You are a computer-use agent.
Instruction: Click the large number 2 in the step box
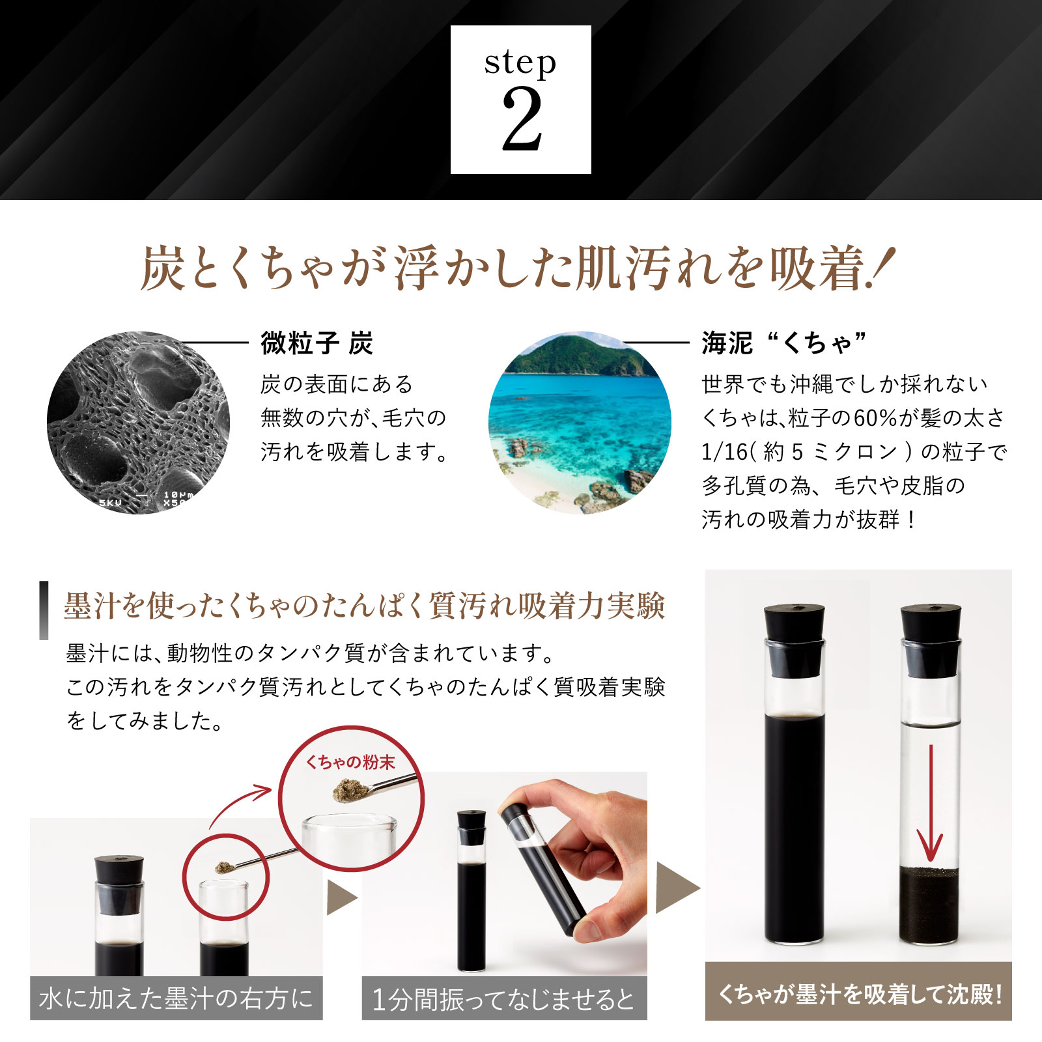coord(522,119)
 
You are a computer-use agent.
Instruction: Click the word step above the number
coord(520,63)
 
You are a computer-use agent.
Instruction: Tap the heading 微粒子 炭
coord(317,343)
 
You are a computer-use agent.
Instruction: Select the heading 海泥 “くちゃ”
coord(784,343)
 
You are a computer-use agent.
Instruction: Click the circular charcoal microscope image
coord(138,423)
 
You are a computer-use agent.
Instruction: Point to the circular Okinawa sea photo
coord(580,423)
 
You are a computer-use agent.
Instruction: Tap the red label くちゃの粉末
coord(350,762)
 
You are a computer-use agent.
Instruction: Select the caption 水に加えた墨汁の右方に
coord(176,998)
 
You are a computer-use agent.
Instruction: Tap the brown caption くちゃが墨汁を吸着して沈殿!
coord(859,994)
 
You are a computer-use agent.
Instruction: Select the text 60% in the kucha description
coord(876,417)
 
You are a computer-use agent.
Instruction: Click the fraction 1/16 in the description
coord(724,451)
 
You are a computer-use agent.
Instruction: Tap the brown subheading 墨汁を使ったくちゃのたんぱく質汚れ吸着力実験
coord(365,606)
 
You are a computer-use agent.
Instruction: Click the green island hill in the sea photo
coord(580,355)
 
